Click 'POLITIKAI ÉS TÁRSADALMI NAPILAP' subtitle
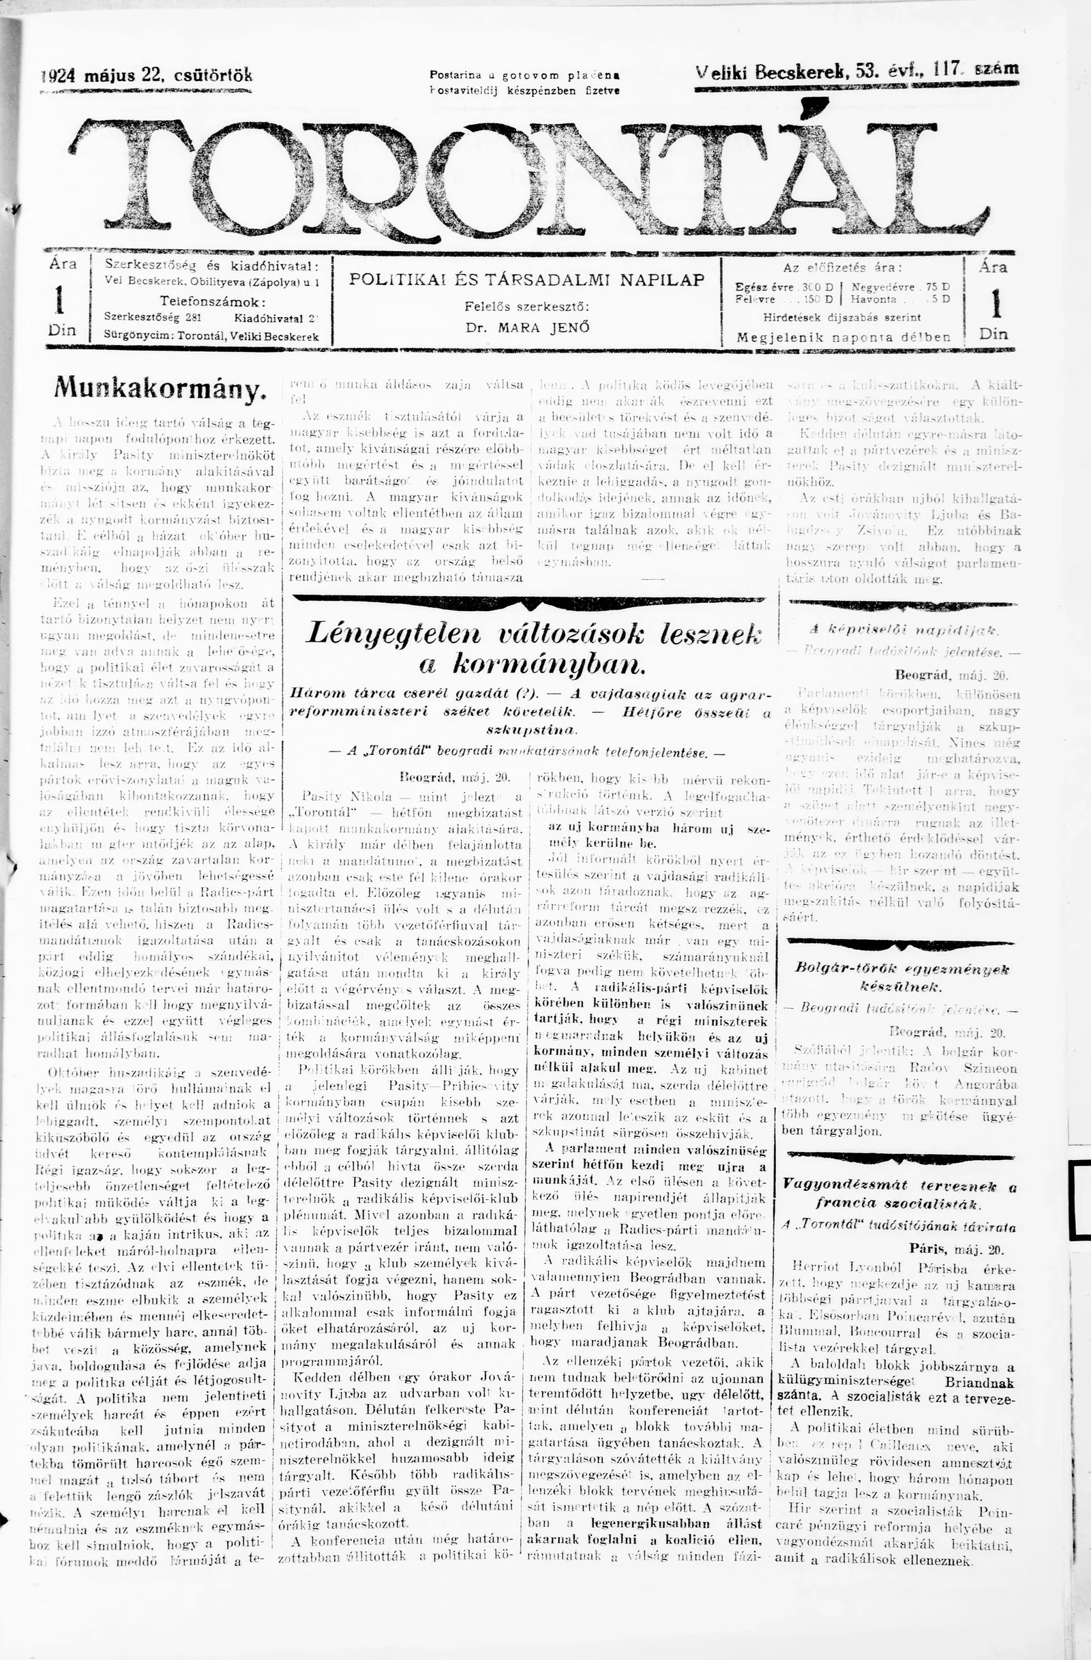click(526, 280)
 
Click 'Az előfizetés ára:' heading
click(842, 267)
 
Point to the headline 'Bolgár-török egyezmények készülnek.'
click(901, 977)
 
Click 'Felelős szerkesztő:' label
click(527, 306)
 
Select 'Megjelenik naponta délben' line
click(843, 338)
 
